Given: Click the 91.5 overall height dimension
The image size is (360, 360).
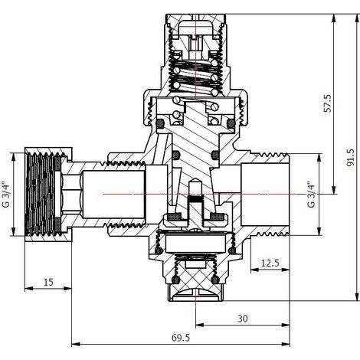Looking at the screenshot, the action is coord(352,158).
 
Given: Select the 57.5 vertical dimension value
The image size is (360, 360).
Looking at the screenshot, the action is coord(328,103).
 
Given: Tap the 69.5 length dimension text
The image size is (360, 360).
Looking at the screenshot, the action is coord(181,338).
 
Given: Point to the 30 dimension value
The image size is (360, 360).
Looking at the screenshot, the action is coord(243,319).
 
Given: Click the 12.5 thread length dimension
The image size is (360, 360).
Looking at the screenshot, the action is coord(270,263).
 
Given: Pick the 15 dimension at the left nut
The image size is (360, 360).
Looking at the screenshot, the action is coord(48,282).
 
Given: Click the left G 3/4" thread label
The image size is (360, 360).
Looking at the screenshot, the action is coord(5,195).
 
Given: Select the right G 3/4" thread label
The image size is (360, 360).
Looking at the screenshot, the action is coord(311,195).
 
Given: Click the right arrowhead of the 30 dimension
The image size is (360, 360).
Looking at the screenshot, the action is coord(286,326).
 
